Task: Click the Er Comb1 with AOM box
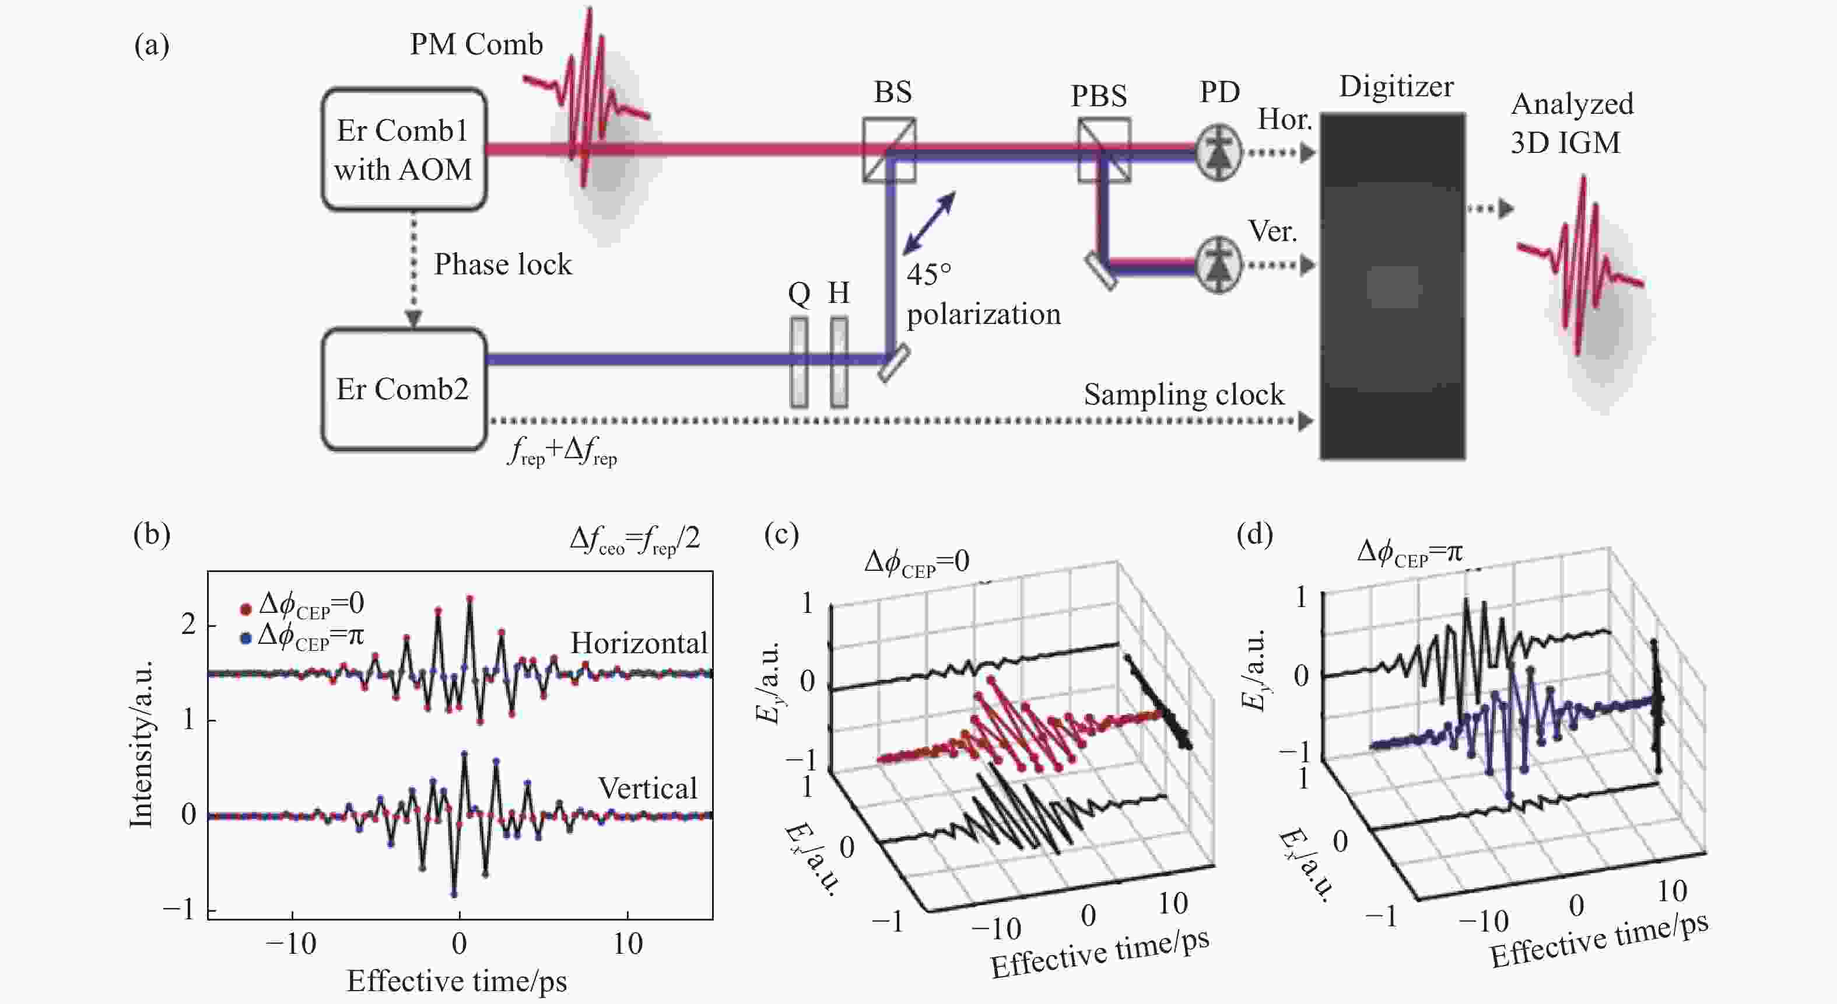(x=404, y=149)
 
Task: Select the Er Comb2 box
(x=404, y=389)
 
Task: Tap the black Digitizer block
(x=1392, y=285)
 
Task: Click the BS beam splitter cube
(x=889, y=150)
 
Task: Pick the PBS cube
(x=1103, y=150)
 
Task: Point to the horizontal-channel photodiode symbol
(x=1219, y=152)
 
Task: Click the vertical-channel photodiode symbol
(x=1219, y=266)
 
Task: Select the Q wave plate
(x=800, y=362)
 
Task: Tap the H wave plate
(x=839, y=362)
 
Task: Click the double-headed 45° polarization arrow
(x=929, y=224)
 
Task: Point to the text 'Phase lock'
(x=503, y=265)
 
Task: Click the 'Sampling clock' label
(x=1184, y=395)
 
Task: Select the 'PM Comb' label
(x=476, y=44)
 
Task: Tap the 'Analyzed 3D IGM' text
(x=1572, y=123)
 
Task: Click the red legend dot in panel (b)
(x=246, y=609)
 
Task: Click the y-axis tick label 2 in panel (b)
(x=188, y=625)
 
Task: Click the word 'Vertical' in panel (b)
(x=647, y=788)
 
